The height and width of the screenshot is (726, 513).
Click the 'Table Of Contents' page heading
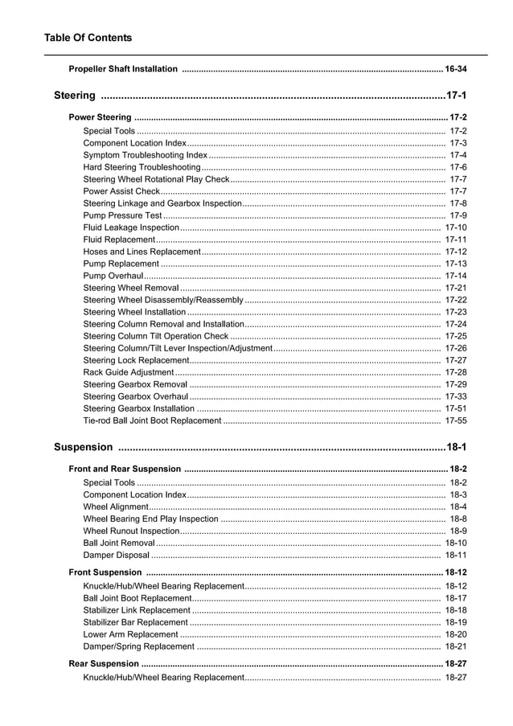click(88, 38)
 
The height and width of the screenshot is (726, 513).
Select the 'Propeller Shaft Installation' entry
click(124, 69)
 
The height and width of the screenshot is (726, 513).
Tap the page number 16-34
click(456, 69)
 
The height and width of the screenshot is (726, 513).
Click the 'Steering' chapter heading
click(75, 96)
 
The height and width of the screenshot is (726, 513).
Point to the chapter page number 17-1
click(456, 96)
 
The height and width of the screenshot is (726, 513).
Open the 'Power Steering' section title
click(100, 117)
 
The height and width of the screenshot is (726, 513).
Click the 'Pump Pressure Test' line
click(123, 215)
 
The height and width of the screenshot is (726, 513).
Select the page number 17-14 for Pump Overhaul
click(456, 276)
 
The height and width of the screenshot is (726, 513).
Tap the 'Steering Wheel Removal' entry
click(131, 288)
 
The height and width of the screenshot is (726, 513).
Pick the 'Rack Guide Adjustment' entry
click(129, 372)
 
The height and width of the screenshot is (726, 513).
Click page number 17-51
click(456, 408)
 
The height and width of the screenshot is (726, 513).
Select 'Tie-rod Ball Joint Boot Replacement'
click(152, 420)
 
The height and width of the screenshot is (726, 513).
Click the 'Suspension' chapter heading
click(84, 447)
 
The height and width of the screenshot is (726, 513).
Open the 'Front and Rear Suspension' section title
click(125, 469)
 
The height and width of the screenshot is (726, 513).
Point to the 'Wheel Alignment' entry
click(116, 507)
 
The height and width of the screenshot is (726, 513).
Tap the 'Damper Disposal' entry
click(117, 556)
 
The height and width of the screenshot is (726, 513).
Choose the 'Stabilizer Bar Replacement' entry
click(135, 622)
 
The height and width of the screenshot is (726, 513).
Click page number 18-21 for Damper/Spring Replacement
click(456, 646)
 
